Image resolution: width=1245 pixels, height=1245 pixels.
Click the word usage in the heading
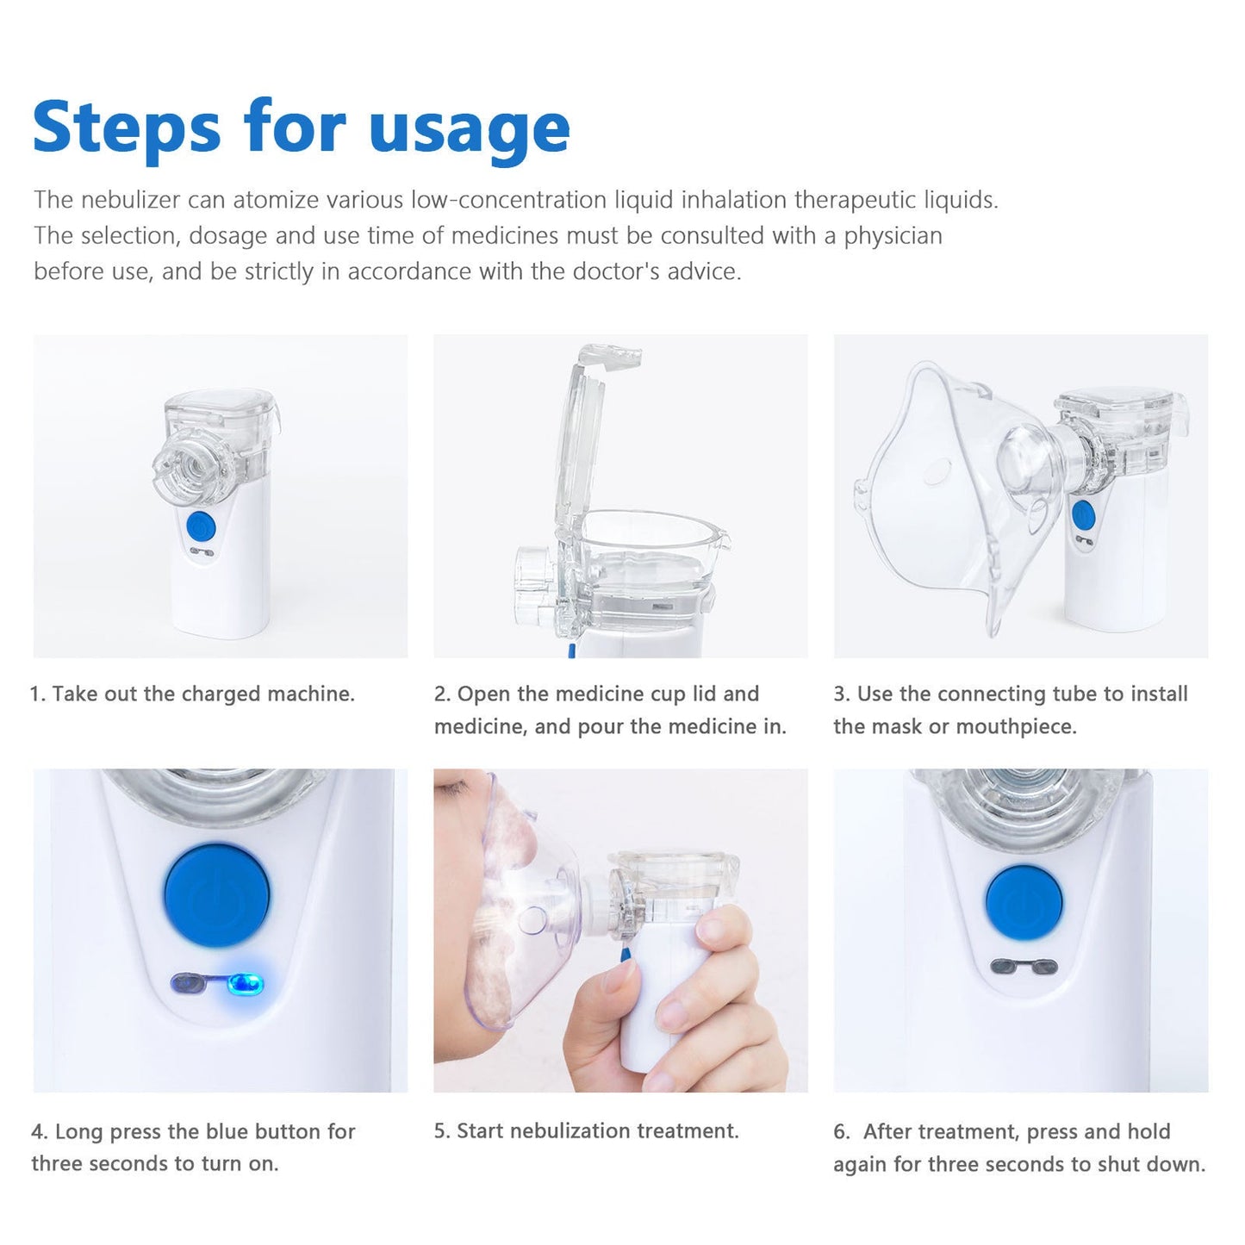click(469, 129)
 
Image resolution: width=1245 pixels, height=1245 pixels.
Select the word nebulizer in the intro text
click(130, 200)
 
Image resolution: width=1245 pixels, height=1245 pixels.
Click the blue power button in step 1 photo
click(200, 526)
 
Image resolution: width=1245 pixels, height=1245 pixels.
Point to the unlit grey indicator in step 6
click(1023, 968)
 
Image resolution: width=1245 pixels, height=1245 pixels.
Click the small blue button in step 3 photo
click(1083, 515)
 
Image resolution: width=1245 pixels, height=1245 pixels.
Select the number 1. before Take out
click(38, 694)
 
